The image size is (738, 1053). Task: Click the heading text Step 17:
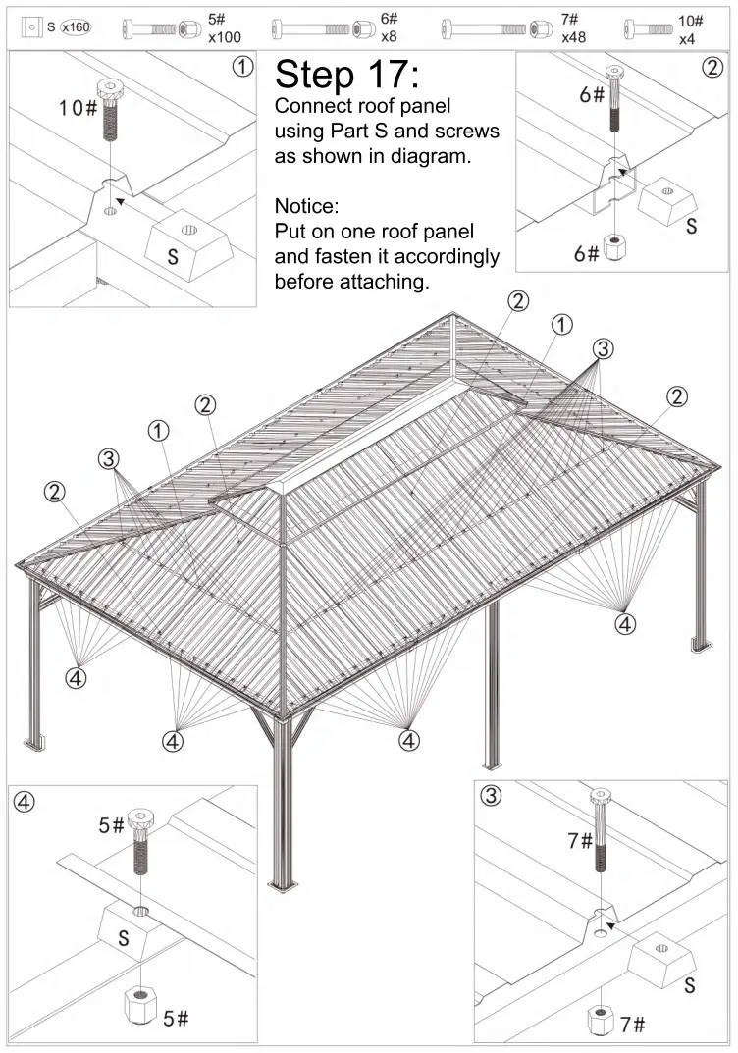click(347, 75)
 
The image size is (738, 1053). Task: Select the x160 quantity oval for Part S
click(75, 26)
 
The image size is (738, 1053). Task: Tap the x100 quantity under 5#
click(225, 37)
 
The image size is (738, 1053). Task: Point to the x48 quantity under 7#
click(574, 37)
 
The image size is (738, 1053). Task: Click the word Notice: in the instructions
click(306, 207)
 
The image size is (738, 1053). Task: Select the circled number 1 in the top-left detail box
click(240, 68)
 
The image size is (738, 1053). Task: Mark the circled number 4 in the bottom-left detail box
click(26, 801)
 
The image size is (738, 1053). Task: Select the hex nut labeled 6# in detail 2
click(615, 246)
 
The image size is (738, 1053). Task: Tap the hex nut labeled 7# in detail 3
click(601, 1018)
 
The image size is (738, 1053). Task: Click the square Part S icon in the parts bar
click(33, 26)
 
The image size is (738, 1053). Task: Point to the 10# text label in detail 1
click(78, 108)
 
